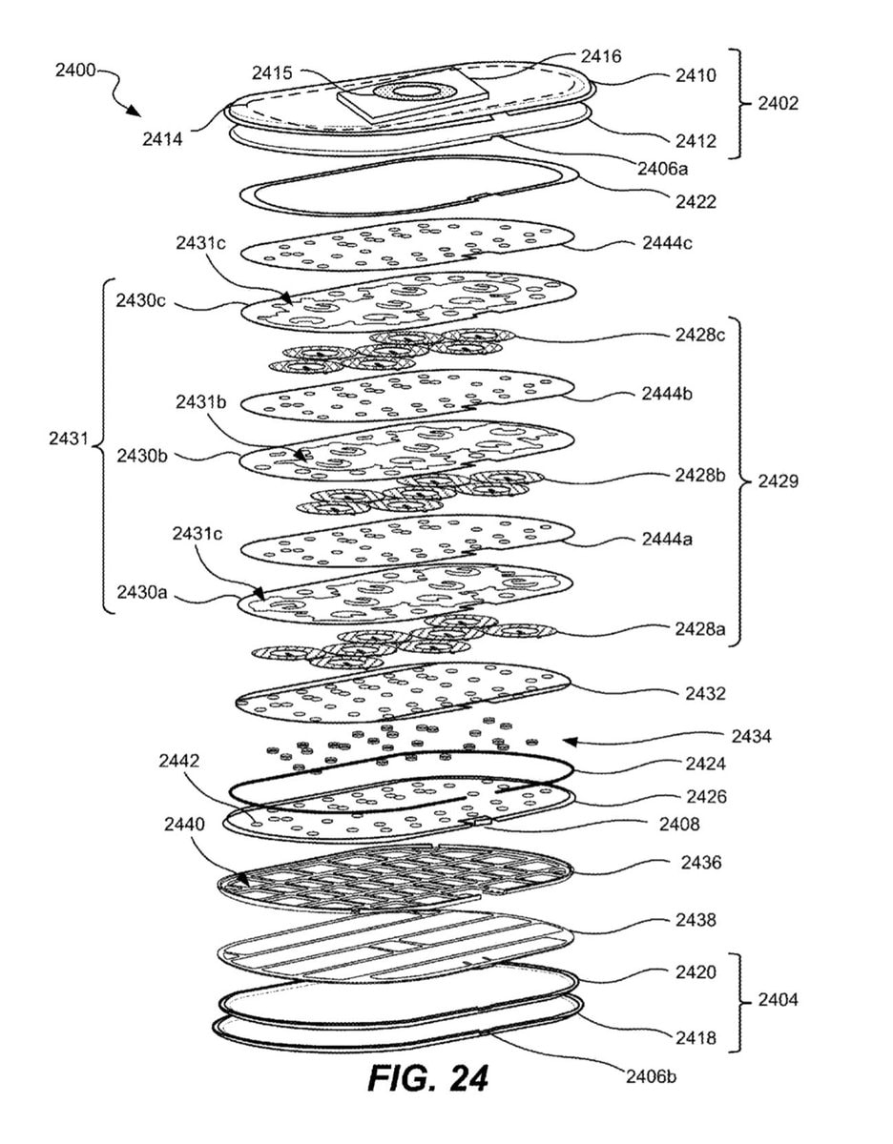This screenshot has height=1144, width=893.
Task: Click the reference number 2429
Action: pos(779,480)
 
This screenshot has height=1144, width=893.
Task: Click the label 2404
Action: pos(779,1000)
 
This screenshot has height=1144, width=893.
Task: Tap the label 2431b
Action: pos(201,402)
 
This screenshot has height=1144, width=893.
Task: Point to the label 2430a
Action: pos(142,593)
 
